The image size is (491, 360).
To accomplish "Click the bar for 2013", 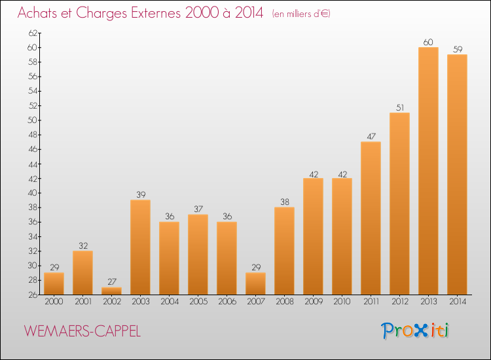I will click(428, 170).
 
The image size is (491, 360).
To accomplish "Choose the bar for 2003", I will click(140, 247).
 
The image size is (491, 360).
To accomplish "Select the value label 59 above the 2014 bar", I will click(457, 50).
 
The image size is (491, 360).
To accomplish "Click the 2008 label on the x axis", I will click(284, 301).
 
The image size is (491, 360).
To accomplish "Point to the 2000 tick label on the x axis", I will click(54, 301).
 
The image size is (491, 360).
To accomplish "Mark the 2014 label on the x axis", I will click(457, 301).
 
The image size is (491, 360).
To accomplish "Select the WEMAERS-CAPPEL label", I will click(82, 331).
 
